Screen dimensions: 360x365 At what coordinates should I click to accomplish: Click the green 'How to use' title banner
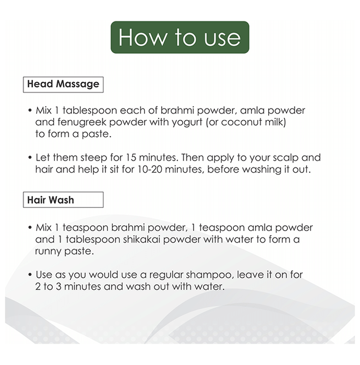tap(180, 37)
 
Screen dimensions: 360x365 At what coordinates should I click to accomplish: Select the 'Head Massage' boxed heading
tap(63, 84)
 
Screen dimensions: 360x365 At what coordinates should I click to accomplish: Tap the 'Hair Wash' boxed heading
tap(63, 200)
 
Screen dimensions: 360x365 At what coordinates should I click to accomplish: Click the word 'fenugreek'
tap(82, 123)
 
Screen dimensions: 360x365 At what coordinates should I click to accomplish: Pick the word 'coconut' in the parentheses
tap(241, 123)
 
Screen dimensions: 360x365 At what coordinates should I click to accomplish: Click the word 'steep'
tap(93, 158)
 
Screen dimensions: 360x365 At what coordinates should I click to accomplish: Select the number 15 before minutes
tap(131, 157)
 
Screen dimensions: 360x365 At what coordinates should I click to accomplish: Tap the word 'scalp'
tap(285, 158)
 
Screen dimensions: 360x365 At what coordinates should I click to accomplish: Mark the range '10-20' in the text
tap(150, 169)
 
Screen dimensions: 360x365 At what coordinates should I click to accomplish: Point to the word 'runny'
tap(48, 252)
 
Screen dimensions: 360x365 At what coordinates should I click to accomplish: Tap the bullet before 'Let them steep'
tap(30, 158)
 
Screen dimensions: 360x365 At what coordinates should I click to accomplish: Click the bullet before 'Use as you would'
tap(30, 275)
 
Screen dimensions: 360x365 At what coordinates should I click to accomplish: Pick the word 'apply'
tap(220, 158)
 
